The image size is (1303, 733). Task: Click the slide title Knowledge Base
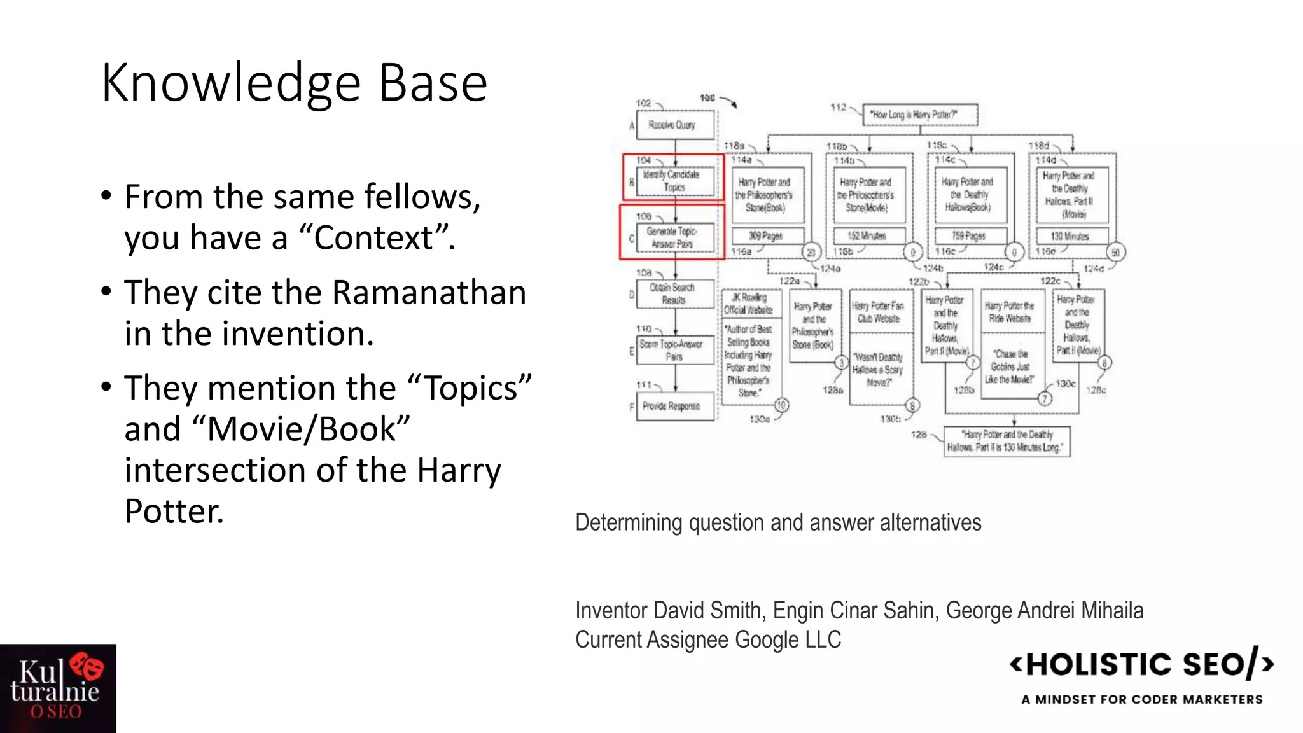294,83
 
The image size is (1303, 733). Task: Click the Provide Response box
673,406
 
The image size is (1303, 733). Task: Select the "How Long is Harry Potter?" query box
919,115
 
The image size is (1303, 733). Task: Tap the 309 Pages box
767,236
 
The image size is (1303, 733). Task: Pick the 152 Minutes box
868,236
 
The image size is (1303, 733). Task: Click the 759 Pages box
969,236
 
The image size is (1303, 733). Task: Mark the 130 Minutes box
1071,236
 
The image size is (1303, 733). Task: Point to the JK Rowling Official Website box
751,304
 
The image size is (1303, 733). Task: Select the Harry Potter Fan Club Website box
879,312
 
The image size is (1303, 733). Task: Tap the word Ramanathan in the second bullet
429,293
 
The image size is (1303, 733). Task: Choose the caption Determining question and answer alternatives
778,522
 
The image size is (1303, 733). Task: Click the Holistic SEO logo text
1141,665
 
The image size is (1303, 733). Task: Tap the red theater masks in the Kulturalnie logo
87,666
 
